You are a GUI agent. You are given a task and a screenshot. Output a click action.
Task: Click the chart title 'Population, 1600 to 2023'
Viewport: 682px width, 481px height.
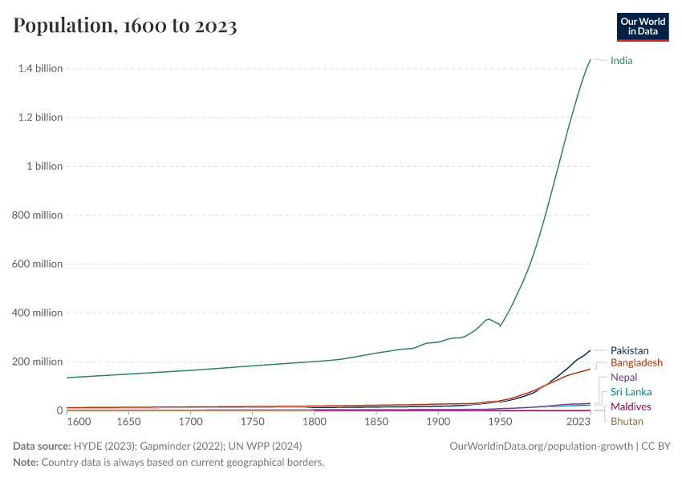[x=125, y=26]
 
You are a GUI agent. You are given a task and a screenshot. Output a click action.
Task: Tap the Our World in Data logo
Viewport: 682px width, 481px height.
[x=643, y=26]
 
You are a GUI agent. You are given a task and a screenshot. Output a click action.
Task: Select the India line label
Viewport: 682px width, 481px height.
[x=621, y=60]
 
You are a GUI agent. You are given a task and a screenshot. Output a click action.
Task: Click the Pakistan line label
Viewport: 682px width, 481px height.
[x=629, y=350]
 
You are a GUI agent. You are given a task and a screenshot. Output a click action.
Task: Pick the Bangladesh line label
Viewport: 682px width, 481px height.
[x=636, y=363]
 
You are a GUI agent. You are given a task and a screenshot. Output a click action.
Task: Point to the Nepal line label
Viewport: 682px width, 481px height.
[x=623, y=378]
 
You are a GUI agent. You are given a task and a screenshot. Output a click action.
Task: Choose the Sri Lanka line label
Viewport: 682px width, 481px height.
[x=631, y=392]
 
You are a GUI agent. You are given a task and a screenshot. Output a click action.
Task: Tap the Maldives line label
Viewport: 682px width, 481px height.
[x=631, y=407]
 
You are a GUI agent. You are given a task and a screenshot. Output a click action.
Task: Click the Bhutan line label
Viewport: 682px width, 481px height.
[x=627, y=422]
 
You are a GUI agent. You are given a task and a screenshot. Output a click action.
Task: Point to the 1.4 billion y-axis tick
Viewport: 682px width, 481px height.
[x=40, y=69]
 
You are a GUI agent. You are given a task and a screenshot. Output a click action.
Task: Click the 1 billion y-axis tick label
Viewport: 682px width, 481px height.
[x=45, y=167]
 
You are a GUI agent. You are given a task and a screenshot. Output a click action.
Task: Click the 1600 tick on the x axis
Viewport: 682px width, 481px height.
[x=79, y=421]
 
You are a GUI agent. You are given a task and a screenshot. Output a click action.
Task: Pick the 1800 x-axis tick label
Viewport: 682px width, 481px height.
[x=315, y=421]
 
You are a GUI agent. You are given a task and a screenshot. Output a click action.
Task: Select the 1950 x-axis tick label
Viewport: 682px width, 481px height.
[x=500, y=421]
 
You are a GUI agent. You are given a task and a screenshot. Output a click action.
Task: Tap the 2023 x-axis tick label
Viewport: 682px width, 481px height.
[x=579, y=421]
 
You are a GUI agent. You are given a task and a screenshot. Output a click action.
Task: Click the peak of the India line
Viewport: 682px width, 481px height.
[x=591, y=60]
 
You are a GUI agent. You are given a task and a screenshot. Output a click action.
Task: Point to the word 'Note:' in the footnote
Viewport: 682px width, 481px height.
[x=27, y=463]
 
